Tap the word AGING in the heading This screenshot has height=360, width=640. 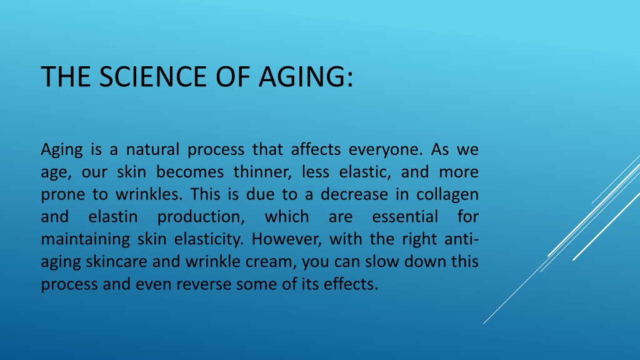(x=305, y=76)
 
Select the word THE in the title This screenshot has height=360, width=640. (x=65, y=76)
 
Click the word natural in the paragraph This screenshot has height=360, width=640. (x=152, y=149)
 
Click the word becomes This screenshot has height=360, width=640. (x=190, y=172)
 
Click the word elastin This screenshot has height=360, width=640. (x=113, y=217)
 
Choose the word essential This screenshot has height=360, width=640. (x=405, y=217)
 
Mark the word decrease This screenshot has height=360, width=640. (x=354, y=194)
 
